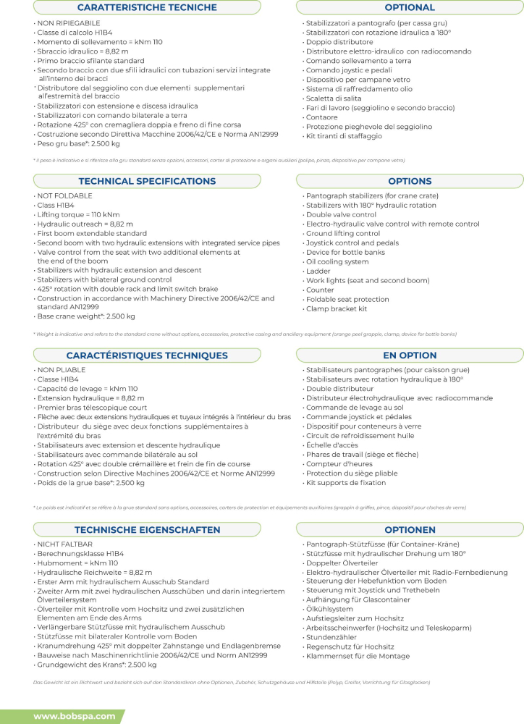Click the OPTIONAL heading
click(x=410, y=8)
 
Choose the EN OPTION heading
click(x=410, y=355)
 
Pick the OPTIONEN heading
click(x=410, y=530)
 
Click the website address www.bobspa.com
click(x=75, y=716)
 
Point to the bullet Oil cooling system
click(x=337, y=262)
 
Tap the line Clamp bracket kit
click(x=337, y=309)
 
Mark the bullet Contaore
click(x=323, y=117)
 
